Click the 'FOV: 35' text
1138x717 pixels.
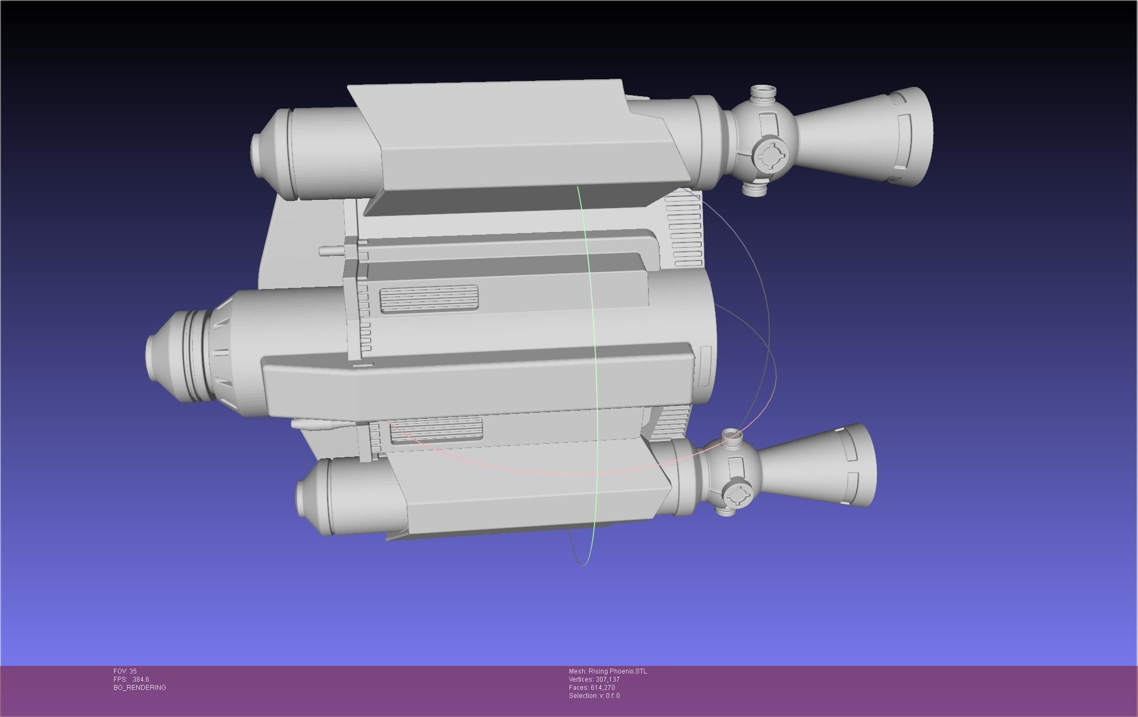pos(125,671)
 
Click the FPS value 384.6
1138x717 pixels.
pos(141,680)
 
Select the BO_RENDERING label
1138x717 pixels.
pos(140,688)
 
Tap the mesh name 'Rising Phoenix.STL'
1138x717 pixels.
pos(617,671)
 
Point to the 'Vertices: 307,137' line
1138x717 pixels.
pos(594,680)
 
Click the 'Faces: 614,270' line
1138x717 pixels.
pos(592,688)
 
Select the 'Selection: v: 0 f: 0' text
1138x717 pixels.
pos(594,696)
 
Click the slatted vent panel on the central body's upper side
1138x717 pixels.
pos(428,299)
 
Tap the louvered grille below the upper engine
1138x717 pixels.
pos(684,231)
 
